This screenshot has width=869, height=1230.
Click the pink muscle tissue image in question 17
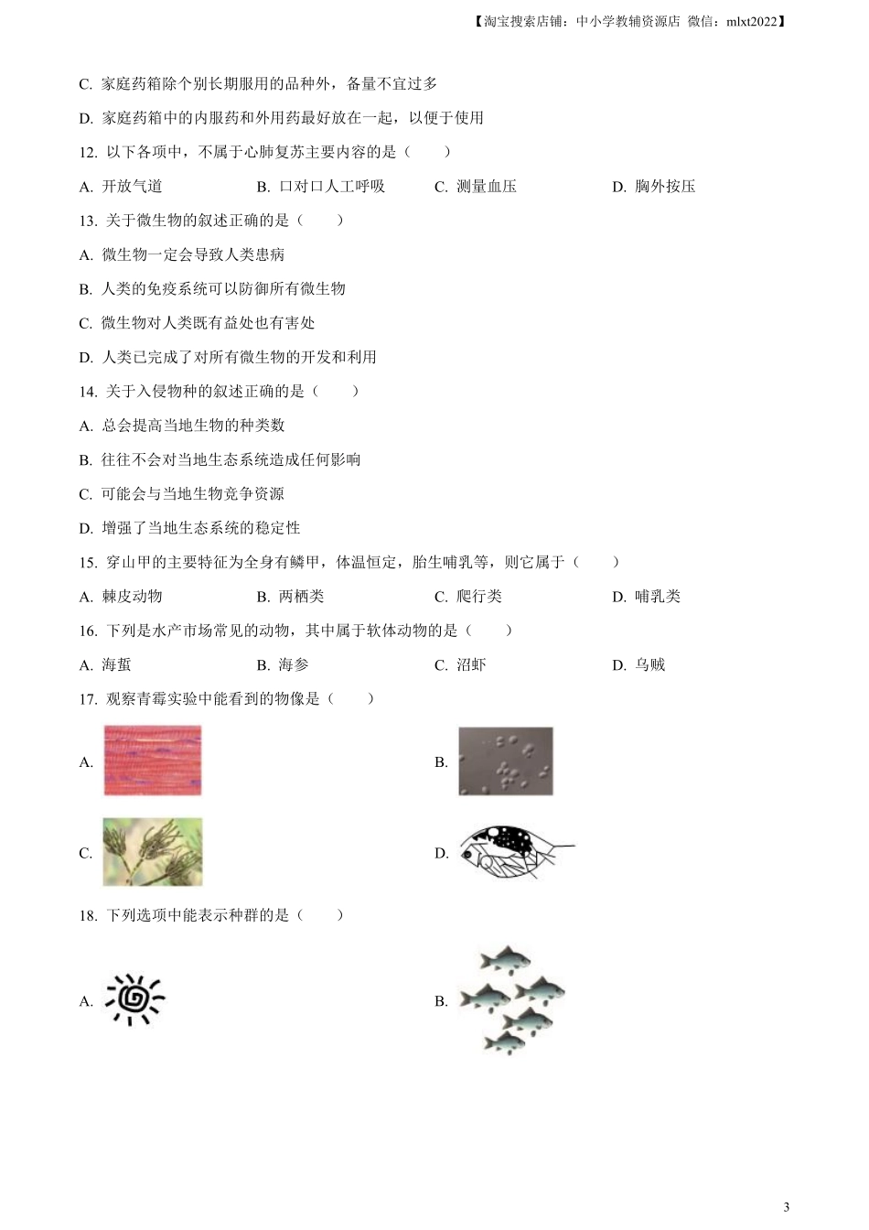(x=152, y=761)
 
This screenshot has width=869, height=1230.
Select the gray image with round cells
(x=506, y=761)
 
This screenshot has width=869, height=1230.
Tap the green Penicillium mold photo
(x=152, y=852)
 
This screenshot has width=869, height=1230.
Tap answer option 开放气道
(x=132, y=187)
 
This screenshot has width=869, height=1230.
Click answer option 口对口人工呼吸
(x=332, y=187)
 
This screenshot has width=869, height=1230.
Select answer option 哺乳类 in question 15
(x=658, y=597)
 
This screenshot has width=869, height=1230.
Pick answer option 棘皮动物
(x=132, y=597)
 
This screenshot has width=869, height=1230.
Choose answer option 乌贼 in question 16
(x=650, y=665)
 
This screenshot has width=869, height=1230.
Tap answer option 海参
(x=294, y=665)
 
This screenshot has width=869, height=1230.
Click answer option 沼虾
(x=471, y=665)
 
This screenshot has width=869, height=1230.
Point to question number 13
(x=88, y=221)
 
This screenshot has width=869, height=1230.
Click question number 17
(x=88, y=699)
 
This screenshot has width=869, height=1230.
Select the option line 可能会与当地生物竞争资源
(x=192, y=494)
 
